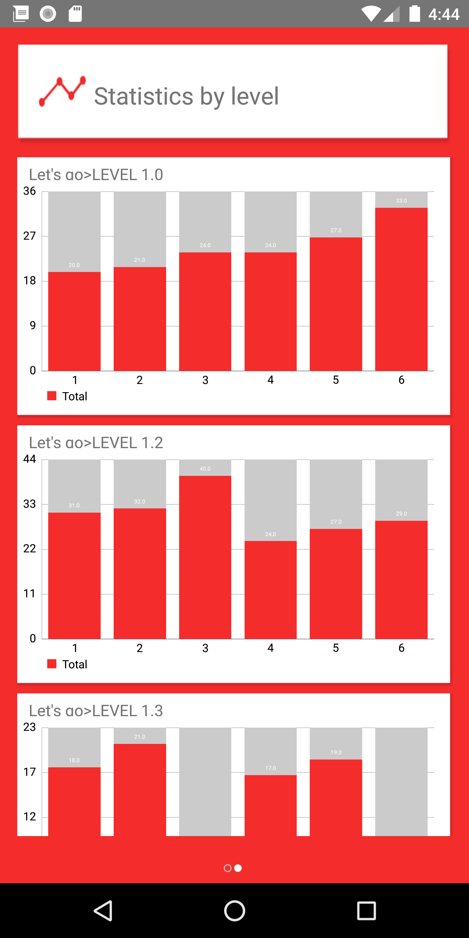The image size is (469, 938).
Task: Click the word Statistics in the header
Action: (143, 96)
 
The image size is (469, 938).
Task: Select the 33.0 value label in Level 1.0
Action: (401, 201)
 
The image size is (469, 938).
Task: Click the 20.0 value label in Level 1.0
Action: (74, 265)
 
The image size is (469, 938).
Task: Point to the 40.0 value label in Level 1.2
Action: (205, 469)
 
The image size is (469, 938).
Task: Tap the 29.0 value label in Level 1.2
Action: (401, 513)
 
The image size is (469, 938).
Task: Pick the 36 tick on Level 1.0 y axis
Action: (30, 191)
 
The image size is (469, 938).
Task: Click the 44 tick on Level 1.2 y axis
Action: (30, 459)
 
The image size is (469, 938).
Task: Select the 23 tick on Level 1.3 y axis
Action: (30, 727)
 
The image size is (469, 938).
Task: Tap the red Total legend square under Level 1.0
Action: (52, 396)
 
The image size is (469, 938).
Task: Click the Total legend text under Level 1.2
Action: (75, 664)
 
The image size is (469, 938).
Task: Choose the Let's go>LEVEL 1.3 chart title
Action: (96, 711)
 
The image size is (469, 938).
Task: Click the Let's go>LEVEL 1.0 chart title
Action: (96, 175)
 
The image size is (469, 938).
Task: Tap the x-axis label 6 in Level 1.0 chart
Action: (401, 380)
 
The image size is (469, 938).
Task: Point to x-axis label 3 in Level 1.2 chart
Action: (205, 648)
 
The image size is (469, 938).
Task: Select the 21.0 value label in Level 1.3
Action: (139, 737)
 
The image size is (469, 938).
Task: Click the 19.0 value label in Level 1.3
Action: (336, 752)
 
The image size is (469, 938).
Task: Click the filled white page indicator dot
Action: (238, 868)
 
